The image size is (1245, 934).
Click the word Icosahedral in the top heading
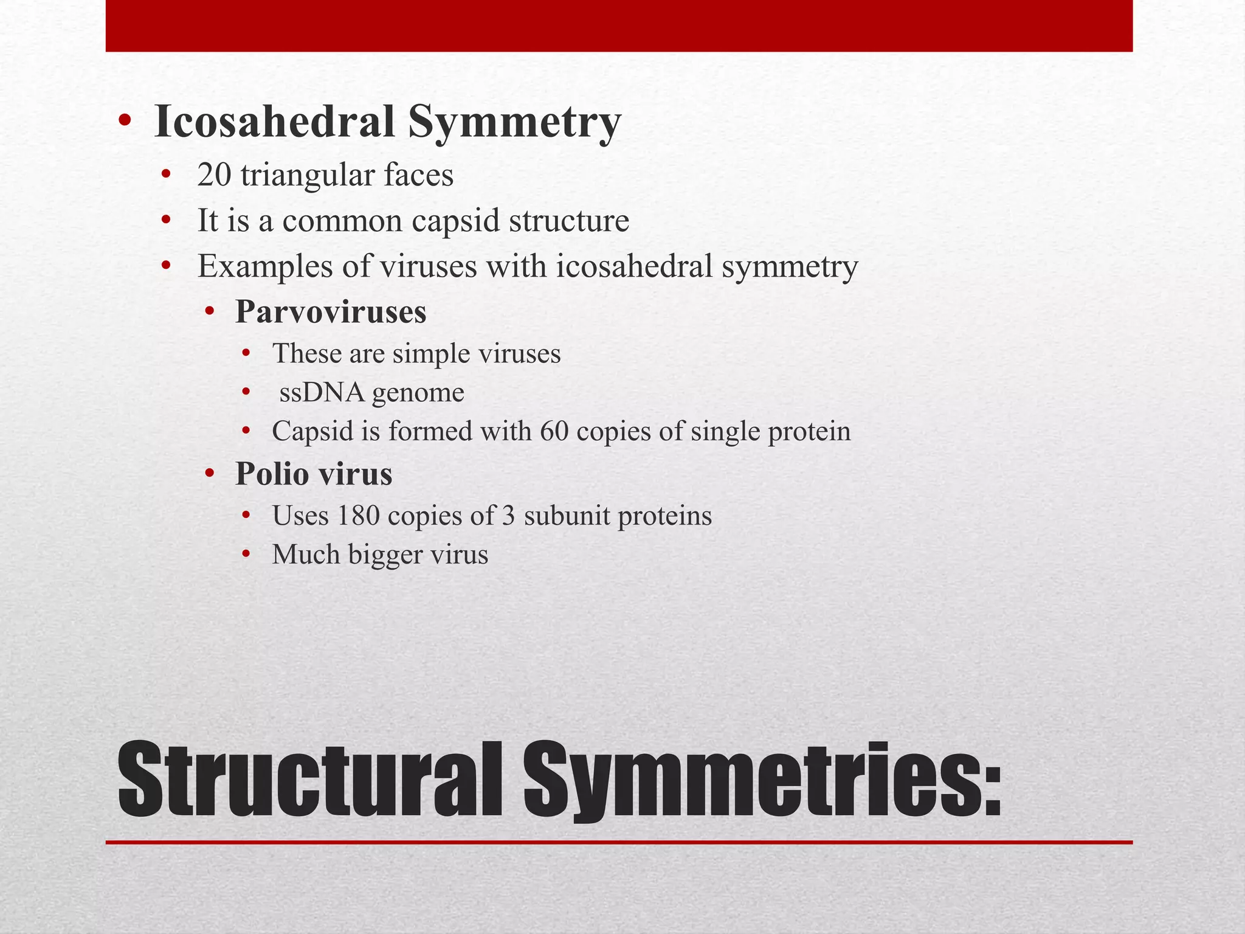pos(275,122)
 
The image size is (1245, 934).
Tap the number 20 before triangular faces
pos(214,175)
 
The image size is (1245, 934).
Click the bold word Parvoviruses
pos(331,312)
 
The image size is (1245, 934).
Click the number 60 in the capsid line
pos(554,431)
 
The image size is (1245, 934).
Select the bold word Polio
pos(272,474)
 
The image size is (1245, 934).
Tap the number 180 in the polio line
pos(358,516)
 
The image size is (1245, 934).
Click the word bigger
pos(385,555)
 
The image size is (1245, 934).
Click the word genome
pos(418,393)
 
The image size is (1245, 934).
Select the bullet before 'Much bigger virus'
pos(246,554)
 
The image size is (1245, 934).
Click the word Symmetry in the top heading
pos(514,122)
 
